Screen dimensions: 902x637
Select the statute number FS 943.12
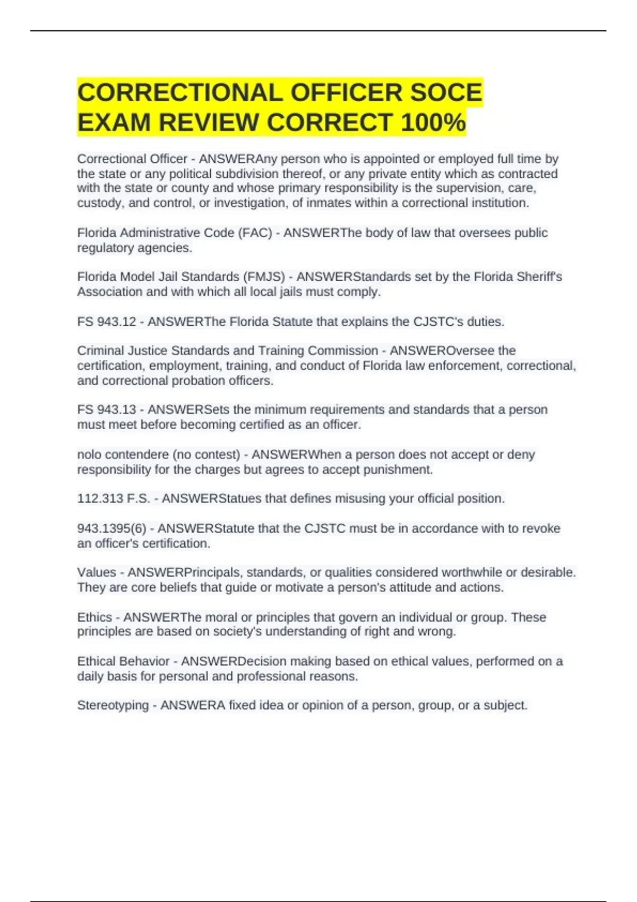click(107, 322)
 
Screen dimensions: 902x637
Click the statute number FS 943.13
click(107, 410)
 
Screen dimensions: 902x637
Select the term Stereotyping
click(113, 705)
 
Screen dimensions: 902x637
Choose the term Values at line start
click(97, 573)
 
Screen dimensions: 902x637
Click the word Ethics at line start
click(94, 617)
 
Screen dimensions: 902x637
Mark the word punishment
click(398, 470)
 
